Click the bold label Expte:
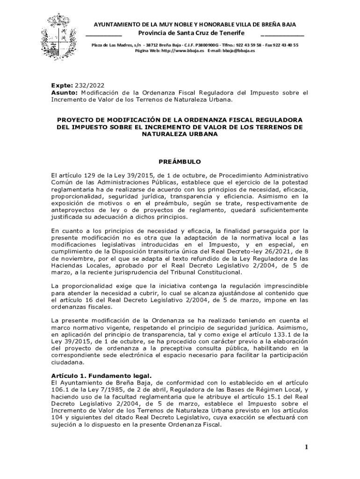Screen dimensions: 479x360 [x=62, y=86]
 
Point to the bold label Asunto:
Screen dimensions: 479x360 [x=65, y=93]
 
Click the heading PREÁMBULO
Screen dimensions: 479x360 [x=180, y=162]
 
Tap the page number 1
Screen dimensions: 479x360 [x=306, y=447]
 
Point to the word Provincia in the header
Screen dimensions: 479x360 [x=155, y=33]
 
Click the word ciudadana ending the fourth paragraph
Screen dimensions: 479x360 [x=68, y=362]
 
